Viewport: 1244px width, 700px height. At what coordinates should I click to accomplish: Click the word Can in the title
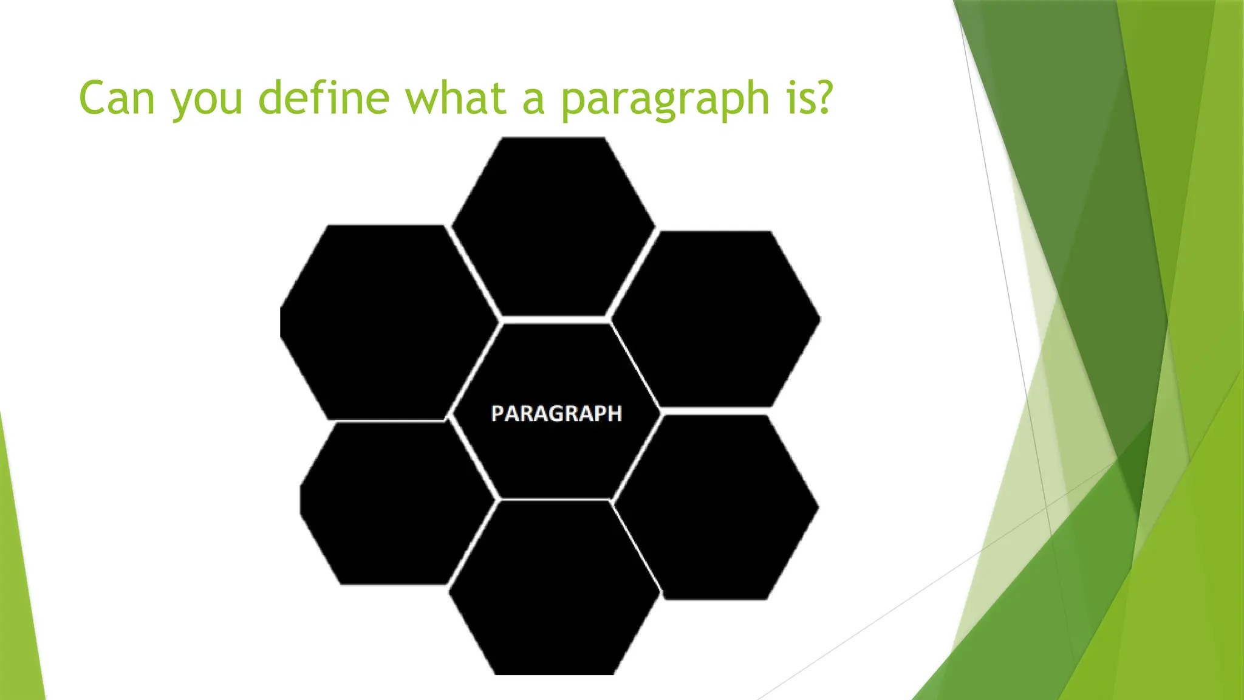[x=117, y=98]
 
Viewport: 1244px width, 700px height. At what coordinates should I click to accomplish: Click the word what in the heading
[x=456, y=98]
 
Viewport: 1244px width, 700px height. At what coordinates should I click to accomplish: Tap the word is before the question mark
[x=799, y=98]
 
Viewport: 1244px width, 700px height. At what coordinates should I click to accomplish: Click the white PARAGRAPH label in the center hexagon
[x=556, y=414]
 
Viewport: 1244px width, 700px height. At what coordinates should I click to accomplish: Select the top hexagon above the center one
[x=554, y=226]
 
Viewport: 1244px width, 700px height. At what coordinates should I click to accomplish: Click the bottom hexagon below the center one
[x=554, y=588]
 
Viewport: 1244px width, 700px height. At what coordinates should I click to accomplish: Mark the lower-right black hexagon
[x=717, y=507]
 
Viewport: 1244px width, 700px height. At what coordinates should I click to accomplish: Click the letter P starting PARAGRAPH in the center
[x=497, y=414]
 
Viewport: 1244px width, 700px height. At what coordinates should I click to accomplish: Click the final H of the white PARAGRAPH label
[x=615, y=414]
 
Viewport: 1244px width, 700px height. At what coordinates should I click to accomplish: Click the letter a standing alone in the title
[x=533, y=100]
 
